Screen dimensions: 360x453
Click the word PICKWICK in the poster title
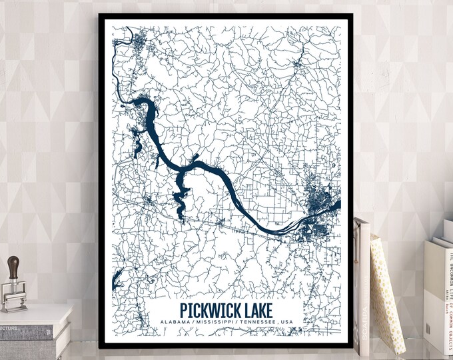[210, 311]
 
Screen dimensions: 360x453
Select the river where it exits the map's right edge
[337, 205]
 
